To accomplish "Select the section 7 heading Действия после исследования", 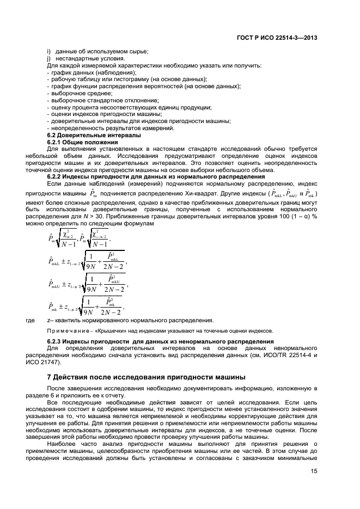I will (147, 377).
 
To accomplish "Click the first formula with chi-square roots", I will (80, 237).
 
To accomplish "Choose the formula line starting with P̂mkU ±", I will (87, 285).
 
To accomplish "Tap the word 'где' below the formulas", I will (31, 320).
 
